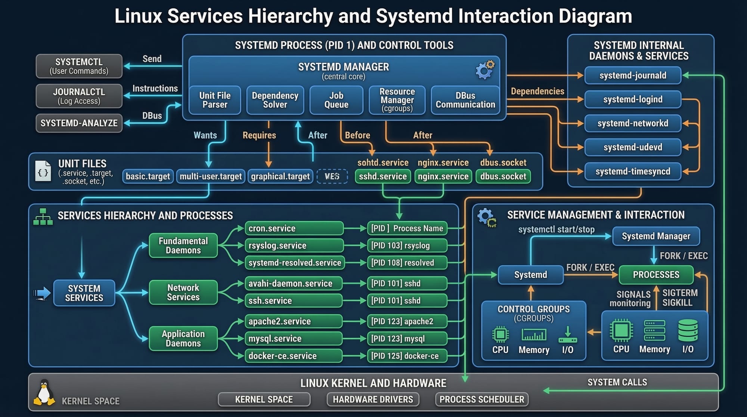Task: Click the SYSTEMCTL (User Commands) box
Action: [79, 66]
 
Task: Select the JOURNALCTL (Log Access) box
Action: [79, 96]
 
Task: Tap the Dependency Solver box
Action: [275, 100]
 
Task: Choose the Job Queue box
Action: [336, 100]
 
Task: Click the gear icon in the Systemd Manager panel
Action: [484, 69]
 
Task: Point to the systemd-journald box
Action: [633, 75]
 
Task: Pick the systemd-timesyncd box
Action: [633, 172]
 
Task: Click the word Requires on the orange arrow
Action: [259, 135]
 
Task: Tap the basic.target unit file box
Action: [148, 176]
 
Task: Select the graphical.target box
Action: [280, 176]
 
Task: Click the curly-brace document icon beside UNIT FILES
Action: [43, 172]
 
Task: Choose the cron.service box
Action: [294, 228]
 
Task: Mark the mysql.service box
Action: [293, 339]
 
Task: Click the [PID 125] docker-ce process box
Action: [407, 356]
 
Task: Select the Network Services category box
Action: [183, 292]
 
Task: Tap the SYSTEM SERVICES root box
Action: [84, 293]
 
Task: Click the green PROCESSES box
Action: [656, 275]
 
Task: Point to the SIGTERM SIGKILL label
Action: [680, 298]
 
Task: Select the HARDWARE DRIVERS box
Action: [373, 399]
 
